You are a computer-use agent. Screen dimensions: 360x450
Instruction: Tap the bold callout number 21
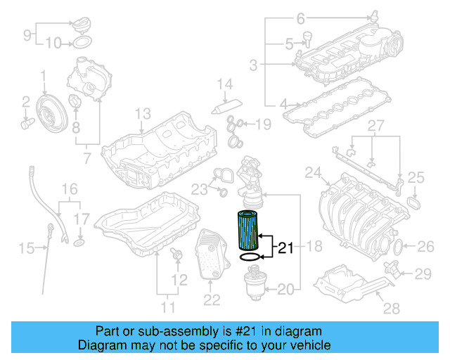tap(285, 247)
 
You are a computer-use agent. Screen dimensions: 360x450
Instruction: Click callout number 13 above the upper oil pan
tap(143, 113)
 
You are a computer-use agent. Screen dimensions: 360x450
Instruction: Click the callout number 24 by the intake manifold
tap(313, 172)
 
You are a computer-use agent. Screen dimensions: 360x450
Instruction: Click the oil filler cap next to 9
tap(80, 24)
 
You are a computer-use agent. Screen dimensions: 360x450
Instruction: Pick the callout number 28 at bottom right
tap(392, 307)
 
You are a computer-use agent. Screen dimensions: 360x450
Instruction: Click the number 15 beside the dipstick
tap(26, 247)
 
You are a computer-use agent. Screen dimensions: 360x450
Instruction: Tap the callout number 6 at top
tap(300, 18)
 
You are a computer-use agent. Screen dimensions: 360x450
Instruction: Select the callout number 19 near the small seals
tap(262, 124)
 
